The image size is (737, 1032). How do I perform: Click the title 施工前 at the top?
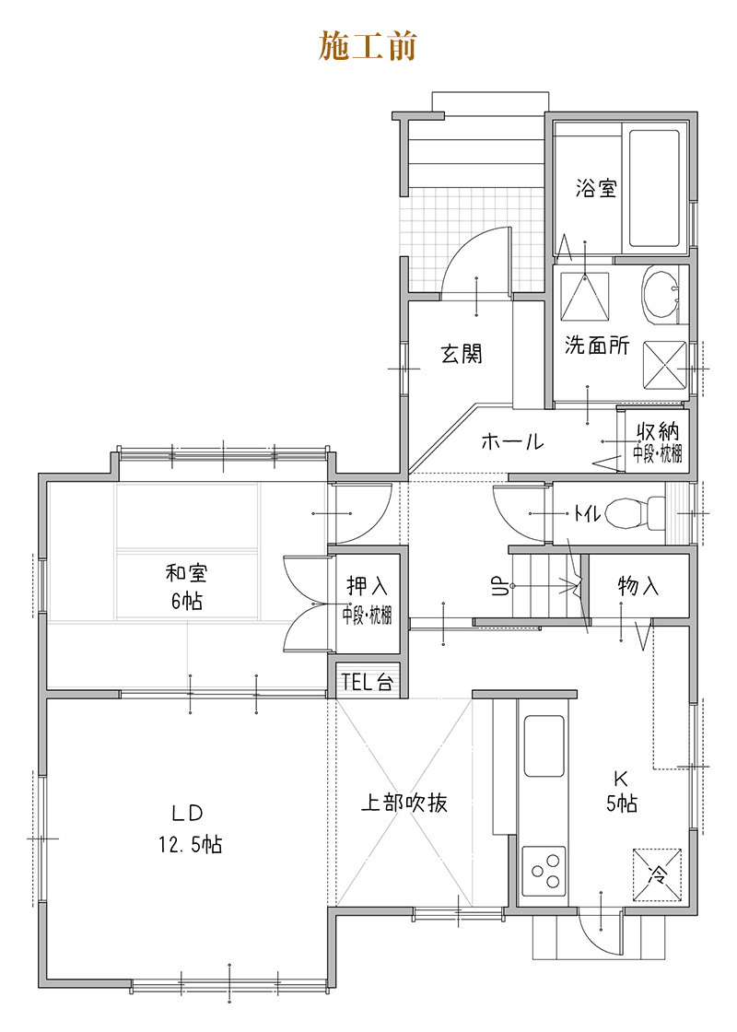[368, 46]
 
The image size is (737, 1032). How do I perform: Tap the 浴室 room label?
[596, 188]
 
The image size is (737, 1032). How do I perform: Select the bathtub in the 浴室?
[654, 188]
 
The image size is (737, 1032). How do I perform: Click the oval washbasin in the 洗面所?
[660, 295]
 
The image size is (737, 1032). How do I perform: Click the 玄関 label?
[462, 354]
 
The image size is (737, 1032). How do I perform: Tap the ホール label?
[512, 441]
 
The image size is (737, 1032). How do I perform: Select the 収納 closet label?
[658, 432]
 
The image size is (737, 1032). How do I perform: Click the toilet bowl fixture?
[635, 512]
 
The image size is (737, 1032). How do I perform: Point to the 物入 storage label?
[638, 585]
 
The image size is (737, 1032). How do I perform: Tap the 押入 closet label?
[368, 585]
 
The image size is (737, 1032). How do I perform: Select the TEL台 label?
[368, 682]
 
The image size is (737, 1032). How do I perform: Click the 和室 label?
[186, 572]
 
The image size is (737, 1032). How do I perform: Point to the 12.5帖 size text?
[190, 844]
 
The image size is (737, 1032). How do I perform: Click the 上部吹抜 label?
[404, 803]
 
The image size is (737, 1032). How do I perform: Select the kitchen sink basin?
[544, 745]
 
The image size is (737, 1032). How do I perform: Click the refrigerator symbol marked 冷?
[657, 874]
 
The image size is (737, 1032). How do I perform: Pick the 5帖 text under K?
[622, 803]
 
